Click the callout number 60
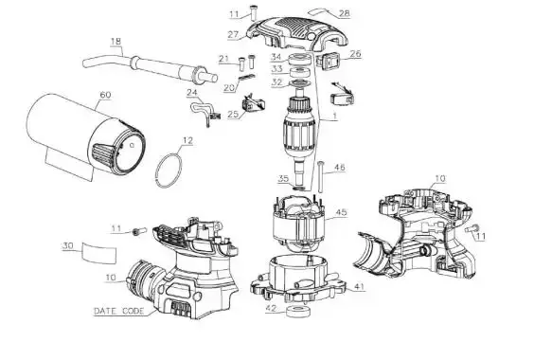coord(105,95)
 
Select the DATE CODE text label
coord(119,312)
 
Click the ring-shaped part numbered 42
coord(297,312)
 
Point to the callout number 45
coord(341,212)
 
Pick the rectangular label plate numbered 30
coord(99,253)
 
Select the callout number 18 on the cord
coord(116,42)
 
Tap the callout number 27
coord(234,34)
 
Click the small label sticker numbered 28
coord(318,12)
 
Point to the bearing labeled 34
coord(300,59)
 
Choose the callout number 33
coord(277,69)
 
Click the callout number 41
coord(359,287)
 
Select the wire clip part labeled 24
coord(204,111)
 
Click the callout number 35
coord(284,179)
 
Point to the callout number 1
coord(334,116)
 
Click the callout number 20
coord(229,88)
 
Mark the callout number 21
coord(223,59)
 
